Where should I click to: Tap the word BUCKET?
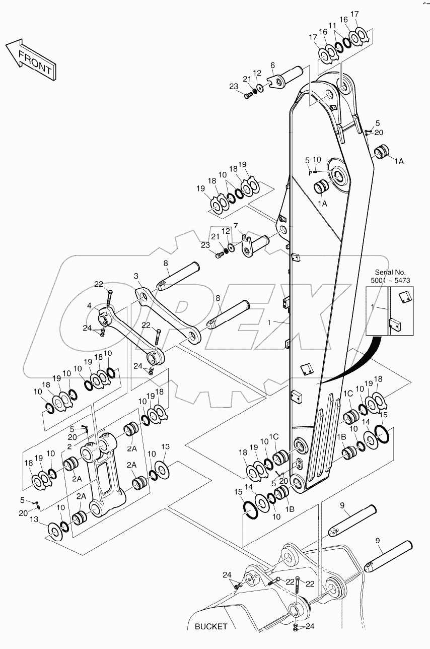click(211, 627)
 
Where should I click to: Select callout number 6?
click(272, 65)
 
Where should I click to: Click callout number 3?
click(136, 276)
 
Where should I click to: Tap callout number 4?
click(89, 306)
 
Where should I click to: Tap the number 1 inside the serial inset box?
click(373, 306)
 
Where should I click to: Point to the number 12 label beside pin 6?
click(257, 74)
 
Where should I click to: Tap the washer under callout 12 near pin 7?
click(232, 247)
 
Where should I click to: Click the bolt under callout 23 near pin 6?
click(247, 95)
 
